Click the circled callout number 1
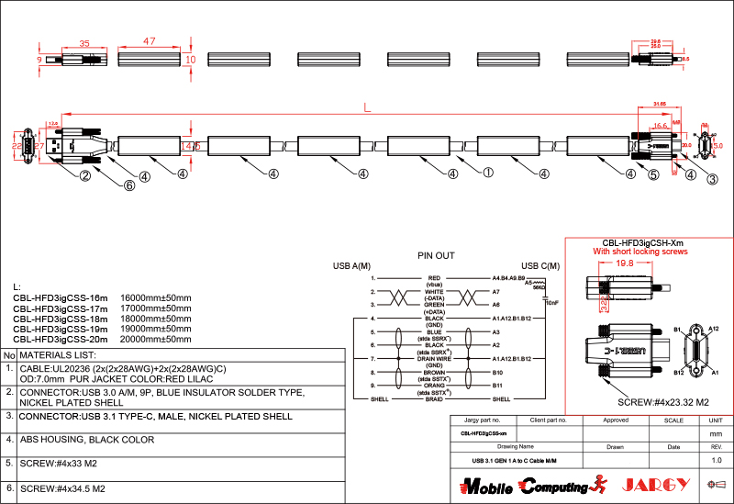tap(488, 172)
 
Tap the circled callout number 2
tap(83, 175)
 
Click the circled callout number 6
tap(129, 185)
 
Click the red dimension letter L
tap(367, 108)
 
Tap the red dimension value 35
tap(83, 43)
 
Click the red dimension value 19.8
tap(625, 263)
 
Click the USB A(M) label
tap(351, 266)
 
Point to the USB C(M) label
tap(540, 266)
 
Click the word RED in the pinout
tap(434, 276)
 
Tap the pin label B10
tap(496, 373)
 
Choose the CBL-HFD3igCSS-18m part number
tap(61, 319)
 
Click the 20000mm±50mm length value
tap(156, 339)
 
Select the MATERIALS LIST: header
tap(58, 354)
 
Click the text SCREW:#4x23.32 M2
tap(662, 402)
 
